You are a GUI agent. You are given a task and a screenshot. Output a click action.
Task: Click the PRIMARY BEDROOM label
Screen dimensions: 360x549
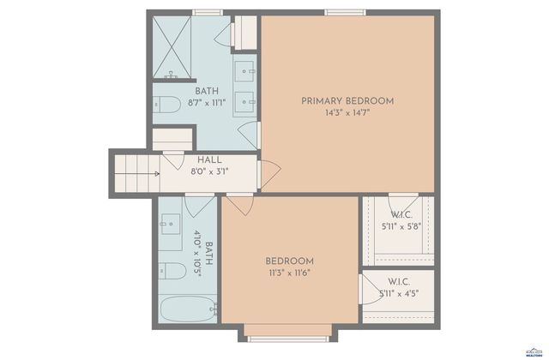click(347, 101)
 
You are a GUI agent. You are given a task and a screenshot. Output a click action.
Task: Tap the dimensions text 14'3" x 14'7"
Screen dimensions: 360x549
click(347, 112)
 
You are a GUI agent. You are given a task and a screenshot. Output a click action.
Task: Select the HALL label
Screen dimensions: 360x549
click(209, 159)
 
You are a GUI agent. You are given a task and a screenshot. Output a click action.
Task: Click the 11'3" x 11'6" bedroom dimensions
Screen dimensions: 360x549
click(289, 273)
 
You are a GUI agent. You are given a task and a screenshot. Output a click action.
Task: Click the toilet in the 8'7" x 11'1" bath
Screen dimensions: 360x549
click(167, 105)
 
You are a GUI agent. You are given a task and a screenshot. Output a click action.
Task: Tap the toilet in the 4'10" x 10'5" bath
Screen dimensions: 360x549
click(172, 271)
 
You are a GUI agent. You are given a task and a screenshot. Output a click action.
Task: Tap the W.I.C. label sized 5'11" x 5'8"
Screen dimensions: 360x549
click(401, 215)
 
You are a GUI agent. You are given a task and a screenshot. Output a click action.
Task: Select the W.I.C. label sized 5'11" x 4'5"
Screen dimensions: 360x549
click(399, 282)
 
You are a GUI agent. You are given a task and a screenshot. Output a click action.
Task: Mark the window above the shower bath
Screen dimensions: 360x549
click(206, 12)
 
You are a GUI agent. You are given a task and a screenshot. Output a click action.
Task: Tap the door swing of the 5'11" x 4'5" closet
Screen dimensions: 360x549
click(370, 285)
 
